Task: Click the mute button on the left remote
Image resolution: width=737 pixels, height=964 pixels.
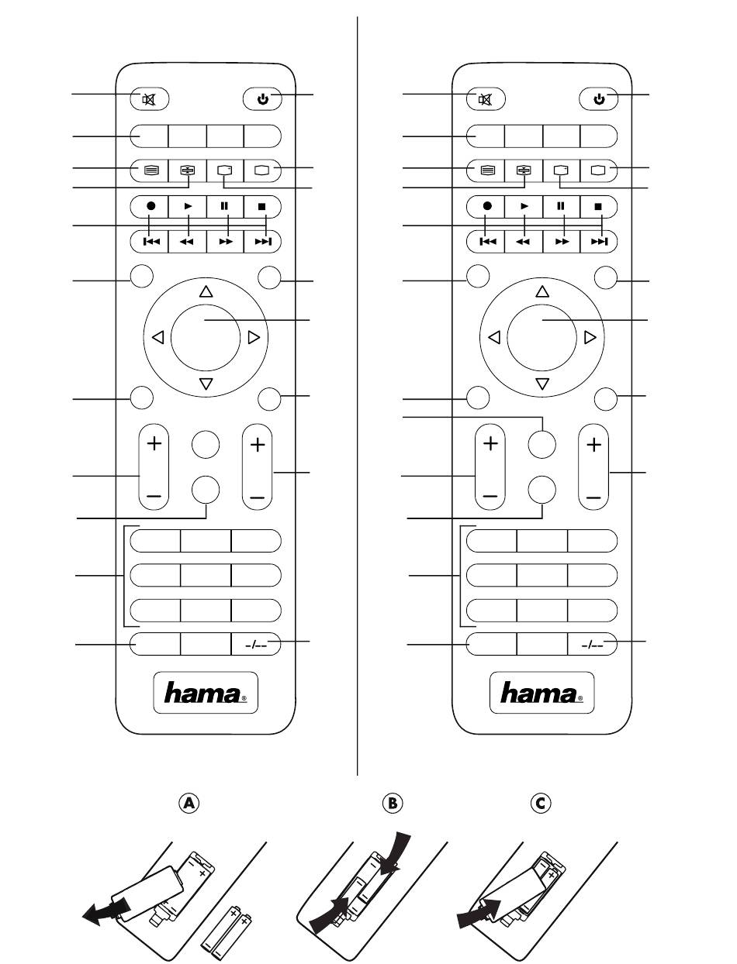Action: (150, 99)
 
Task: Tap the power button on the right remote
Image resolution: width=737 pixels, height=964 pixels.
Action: (599, 99)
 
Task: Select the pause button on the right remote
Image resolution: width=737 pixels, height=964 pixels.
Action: (561, 206)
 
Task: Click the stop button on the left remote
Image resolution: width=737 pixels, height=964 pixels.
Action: (262, 206)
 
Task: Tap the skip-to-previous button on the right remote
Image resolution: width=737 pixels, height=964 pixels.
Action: (486, 242)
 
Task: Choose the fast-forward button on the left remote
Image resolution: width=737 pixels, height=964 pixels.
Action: (225, 242)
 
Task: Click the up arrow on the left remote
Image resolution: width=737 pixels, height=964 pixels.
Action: (206, 291)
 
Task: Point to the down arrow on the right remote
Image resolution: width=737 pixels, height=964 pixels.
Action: (542, 384)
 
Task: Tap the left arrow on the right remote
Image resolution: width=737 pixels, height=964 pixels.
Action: (494, 337)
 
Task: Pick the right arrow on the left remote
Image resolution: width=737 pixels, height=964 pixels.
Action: (254, 337)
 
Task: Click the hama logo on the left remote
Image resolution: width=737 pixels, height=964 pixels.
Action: (206, 693)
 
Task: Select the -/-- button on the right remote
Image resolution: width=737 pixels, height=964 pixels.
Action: (593, 644)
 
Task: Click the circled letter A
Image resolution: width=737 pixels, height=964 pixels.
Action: (189, 803)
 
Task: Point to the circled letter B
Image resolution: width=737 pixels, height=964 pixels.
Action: (393, 803)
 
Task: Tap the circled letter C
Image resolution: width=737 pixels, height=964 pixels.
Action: (541, 803)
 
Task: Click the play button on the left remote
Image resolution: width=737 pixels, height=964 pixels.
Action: (188, 206)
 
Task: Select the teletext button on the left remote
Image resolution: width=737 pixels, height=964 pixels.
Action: (151, 170)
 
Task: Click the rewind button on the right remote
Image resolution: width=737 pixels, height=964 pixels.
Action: (524, 242)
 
